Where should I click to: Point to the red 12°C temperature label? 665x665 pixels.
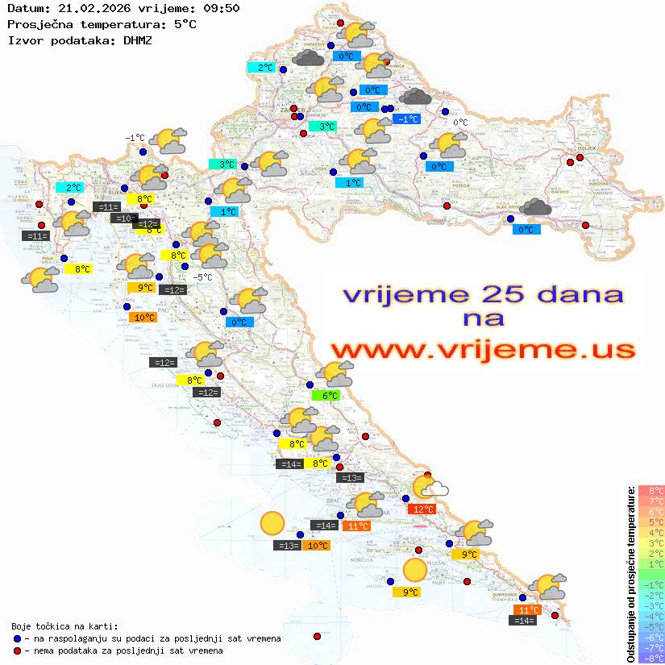tap(422, 509)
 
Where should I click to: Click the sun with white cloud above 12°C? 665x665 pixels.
tap(428, 487)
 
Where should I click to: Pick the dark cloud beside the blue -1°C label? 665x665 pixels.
tap(415, 98)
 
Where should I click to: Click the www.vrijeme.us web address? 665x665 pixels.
tap(482, 350)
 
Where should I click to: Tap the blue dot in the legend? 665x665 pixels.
tap(17, 638)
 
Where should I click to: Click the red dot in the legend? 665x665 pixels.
tap(17, 650)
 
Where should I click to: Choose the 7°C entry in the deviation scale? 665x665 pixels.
tap(651, 501)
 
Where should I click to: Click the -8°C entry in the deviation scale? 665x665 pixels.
tap(651, 659)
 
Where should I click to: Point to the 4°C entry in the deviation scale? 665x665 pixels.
tap(651, 533)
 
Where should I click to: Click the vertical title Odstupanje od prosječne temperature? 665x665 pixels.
tap(630, 574)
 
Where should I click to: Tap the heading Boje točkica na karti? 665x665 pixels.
tap(64, 626)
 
